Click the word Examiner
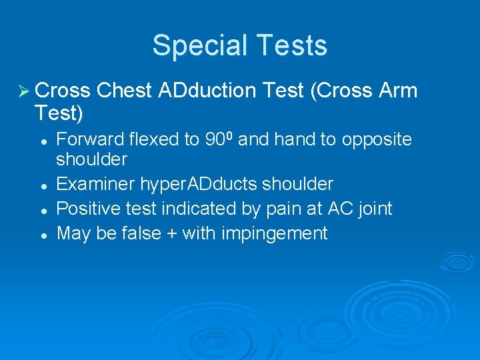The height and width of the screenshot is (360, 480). [x=95, y=184]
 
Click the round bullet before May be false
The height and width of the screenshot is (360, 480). [x=43, y=234]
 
